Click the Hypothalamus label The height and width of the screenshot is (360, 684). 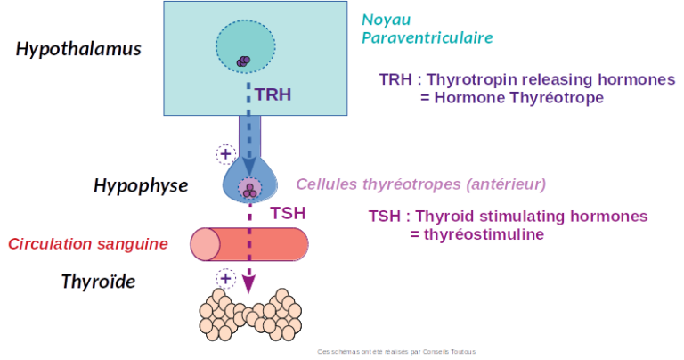tap(78, 50)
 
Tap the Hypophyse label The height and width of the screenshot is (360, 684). tap(140, 186)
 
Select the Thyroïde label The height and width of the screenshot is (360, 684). tap(98, 283)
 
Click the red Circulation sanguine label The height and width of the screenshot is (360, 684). tap(88, 244)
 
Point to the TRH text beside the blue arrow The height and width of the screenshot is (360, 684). tap(273, 93)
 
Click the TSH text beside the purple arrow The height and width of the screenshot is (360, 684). tap(287, 213)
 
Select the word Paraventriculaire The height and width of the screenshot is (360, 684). tap(427, 37)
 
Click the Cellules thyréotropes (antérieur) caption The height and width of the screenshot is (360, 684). tap(420, 185)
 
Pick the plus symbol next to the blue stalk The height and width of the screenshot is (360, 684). tap(226, 153)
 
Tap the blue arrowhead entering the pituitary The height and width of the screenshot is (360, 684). tap(251, 166)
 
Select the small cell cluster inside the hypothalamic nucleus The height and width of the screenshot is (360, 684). tap(242, 60)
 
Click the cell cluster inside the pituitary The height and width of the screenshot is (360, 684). tap(251, 190)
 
